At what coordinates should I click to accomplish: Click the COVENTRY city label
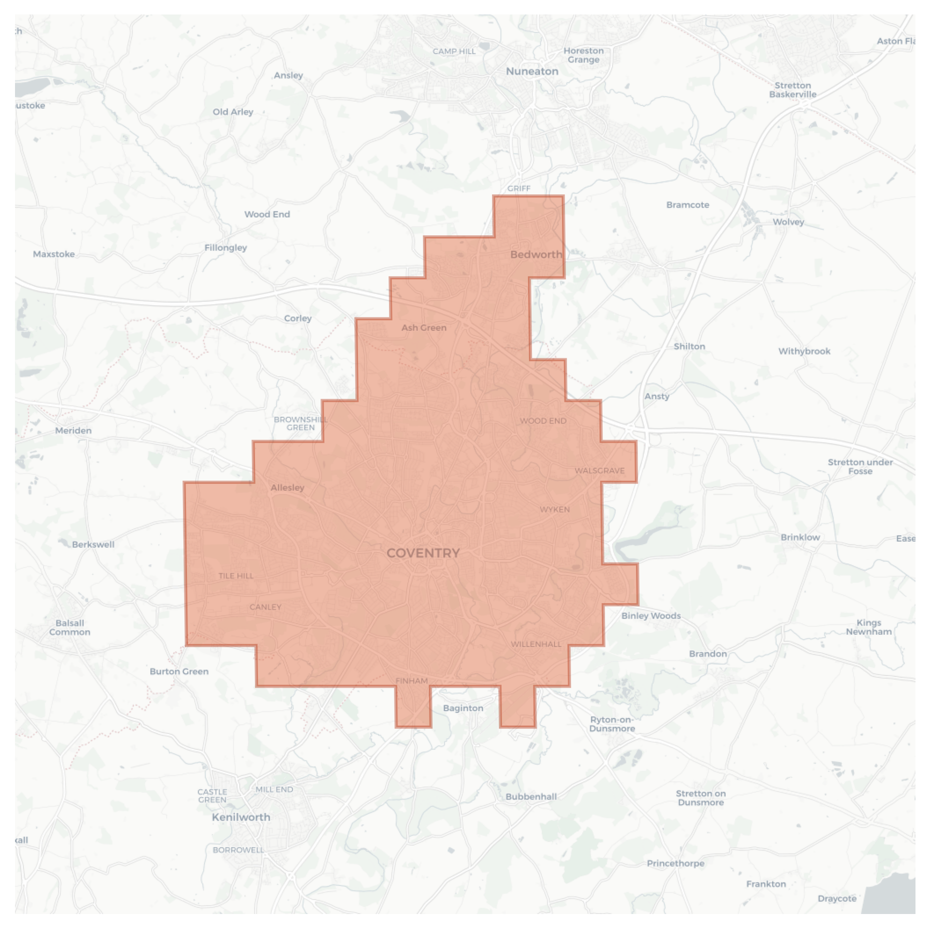423,553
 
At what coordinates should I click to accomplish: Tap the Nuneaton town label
532,71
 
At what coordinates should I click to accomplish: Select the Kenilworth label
241,817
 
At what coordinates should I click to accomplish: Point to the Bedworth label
536,254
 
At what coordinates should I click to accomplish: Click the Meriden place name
73,430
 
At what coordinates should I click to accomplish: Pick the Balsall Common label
70,627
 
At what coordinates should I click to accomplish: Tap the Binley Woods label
651,616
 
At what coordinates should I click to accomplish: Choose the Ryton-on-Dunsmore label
612,724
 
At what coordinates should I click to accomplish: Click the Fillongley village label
225,247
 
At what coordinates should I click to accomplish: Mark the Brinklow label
800,537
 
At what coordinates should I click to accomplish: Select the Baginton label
463,708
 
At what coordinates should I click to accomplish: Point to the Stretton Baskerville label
792,90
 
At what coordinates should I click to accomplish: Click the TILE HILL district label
236,576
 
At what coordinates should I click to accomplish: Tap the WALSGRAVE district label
599,471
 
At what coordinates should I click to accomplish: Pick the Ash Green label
424,328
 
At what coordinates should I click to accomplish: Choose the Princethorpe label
675,863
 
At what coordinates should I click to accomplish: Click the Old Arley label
233,112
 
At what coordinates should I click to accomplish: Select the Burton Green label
179,671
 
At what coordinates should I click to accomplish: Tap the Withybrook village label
804,351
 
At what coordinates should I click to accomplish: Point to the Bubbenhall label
531,797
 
